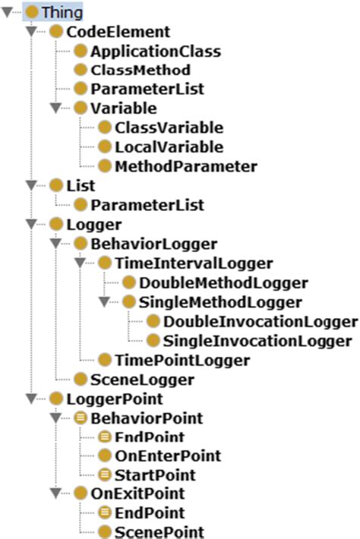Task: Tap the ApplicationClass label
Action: [156, 52]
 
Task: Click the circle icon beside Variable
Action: [81, 109]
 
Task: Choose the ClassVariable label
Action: [169, 128]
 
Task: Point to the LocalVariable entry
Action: [169, 147]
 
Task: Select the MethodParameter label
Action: [186, 165]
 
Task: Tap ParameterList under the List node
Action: [147, 204]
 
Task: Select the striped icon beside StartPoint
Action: [105, 475]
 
